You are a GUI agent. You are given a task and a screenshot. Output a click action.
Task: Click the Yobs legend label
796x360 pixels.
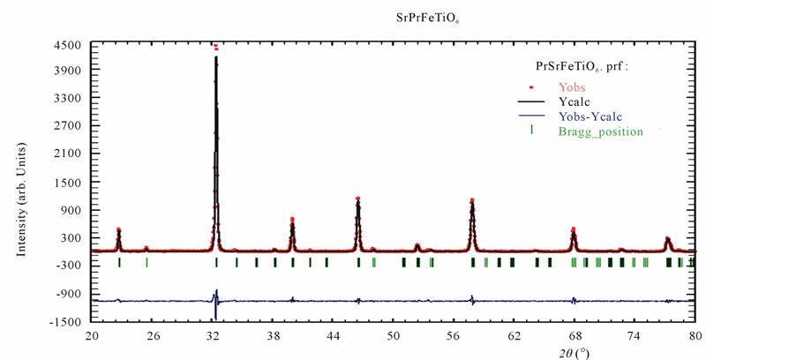[572, 87]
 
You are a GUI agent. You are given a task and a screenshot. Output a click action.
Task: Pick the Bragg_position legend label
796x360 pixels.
[601, 131]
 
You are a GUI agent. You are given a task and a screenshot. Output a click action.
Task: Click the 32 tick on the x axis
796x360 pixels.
[213, 336]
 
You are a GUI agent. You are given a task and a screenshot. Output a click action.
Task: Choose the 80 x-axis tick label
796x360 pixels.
[695, 336]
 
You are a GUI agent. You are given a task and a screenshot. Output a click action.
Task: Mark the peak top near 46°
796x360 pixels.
[357, 199]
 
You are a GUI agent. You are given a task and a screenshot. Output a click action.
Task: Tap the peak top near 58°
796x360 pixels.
[472, 200]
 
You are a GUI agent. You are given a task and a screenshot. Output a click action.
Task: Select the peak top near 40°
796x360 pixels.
[292, 219]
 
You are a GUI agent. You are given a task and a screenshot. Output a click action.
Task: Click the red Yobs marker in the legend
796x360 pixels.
[531, 86]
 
